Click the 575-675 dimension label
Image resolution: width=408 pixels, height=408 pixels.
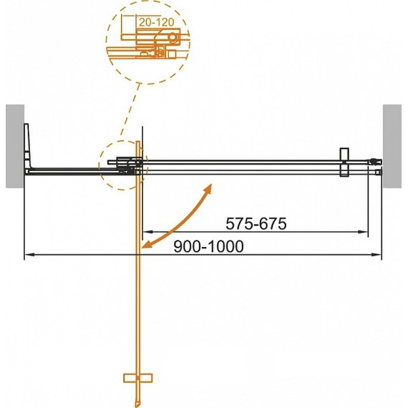click(256, 223)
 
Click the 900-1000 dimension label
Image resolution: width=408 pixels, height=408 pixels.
click(208, 246)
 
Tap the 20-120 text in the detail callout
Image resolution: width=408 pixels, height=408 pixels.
click(156, 22)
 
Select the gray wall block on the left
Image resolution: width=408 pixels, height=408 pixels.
click(15, 146)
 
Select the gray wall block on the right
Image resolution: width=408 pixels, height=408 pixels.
click(392, 146)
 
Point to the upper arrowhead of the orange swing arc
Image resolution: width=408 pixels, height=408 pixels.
click(209, 188)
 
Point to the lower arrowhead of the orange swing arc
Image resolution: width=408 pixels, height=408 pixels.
click(146, 244)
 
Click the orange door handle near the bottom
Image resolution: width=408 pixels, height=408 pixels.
click(138, 378)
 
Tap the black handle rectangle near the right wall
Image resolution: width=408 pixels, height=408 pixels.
click(344, 162)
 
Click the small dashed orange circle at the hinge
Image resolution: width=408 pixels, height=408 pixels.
click(99, 165)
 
